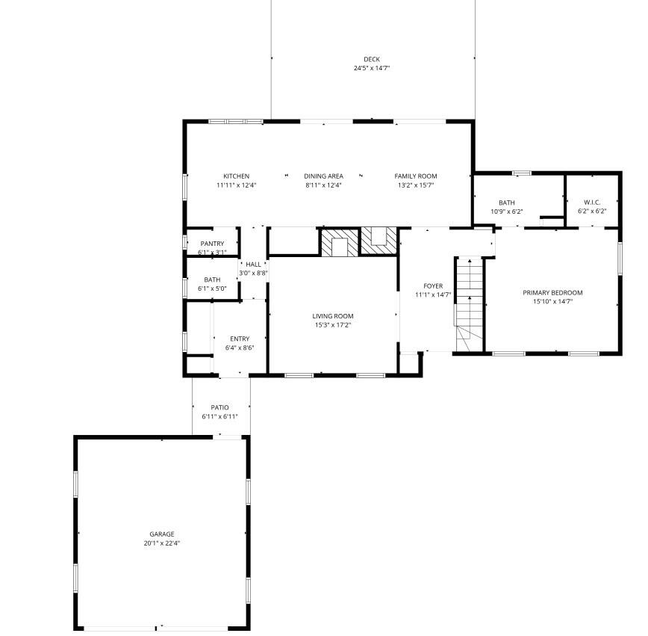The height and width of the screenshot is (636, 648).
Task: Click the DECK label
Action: tap(372, 59)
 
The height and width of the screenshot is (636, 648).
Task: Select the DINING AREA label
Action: tap(323, 176)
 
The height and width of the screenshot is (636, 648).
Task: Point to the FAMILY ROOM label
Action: tap(416, 176)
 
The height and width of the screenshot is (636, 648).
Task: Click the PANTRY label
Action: tap(212, 244)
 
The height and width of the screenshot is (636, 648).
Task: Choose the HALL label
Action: tap(254, 265)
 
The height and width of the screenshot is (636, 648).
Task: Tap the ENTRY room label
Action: tap(240, 339)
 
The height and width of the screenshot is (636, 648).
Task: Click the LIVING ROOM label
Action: tap(333, 316)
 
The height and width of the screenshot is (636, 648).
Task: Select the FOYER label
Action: tap(433, 286)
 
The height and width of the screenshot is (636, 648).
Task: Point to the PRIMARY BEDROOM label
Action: tap(552, 293)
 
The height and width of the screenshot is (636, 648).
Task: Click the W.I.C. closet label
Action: tap(592, 203)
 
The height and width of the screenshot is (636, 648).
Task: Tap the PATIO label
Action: tap(219, 407)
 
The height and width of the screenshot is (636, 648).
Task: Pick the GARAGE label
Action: tap(162, 534)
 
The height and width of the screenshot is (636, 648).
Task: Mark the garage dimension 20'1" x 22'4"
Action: tap(162, 543)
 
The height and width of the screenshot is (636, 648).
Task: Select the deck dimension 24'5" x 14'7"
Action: tap(372, 68)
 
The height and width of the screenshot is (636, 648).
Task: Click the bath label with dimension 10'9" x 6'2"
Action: tap(507, 203)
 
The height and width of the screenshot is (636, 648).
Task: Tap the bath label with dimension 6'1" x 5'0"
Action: tap(212, 280)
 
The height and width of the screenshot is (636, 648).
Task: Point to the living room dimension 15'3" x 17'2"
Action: tap(333, 325)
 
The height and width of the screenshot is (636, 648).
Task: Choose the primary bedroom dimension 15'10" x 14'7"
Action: tap(552, 302)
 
